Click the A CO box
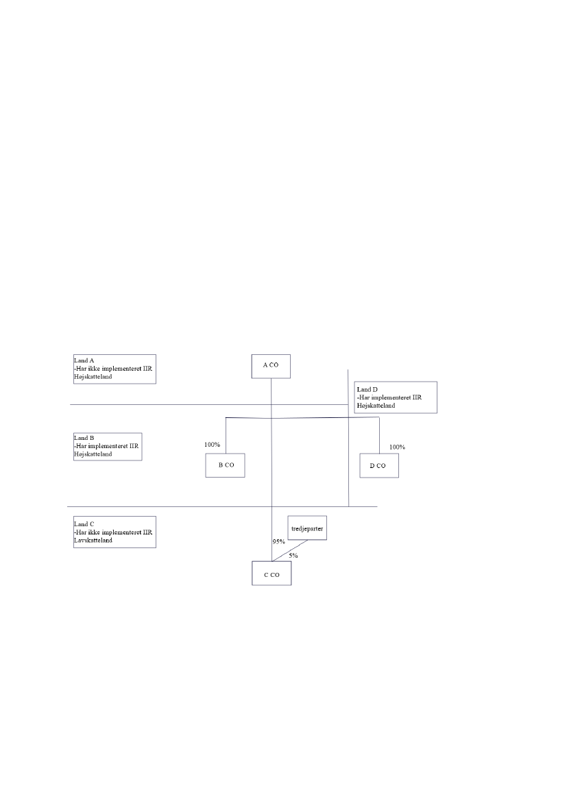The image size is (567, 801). point(271,365)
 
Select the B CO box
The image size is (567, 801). point(226,465)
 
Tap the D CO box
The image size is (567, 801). point(379,466)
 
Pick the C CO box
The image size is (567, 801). point(272,575)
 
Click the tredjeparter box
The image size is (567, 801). point(306,528)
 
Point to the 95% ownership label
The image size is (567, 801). point(278,542)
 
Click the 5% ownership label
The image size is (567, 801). point(293,556)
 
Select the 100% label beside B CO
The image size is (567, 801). point(212,445)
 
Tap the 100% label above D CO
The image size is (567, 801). point(397,447)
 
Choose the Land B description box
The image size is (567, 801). point(107,446)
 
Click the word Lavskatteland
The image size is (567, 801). point(93,540)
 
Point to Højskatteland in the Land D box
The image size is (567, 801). point(376,406)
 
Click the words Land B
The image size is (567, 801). point(84,437)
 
